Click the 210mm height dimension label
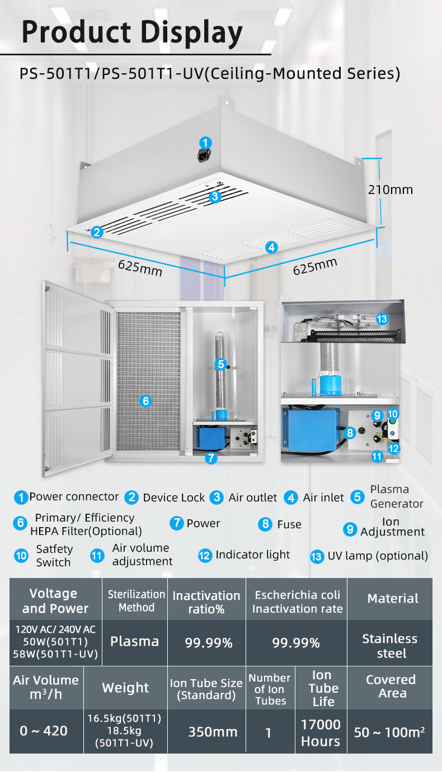[x=390, y=190]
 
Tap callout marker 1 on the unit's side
[x=206, y=143]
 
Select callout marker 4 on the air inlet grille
[x=271, y=247]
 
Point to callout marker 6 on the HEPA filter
[x=145, y=400]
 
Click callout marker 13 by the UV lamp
[x=382, y=319]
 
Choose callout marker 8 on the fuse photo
[x=350, y=432]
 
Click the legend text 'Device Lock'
[x=173, y=498]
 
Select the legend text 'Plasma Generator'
[x=397, y=496]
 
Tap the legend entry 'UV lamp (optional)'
[x=378, y=556]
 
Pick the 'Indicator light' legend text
[x=253, y=555]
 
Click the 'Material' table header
[x=393, y=599]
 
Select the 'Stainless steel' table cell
[x=390, y=646]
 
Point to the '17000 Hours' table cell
[x=321, y=733]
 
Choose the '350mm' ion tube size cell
[x=213, y=732]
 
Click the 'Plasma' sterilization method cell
[x=134, y=641]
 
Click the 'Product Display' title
[x=133, y=32]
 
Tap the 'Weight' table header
[x=125, y=688]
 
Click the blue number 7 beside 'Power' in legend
[x=177, y=523]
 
